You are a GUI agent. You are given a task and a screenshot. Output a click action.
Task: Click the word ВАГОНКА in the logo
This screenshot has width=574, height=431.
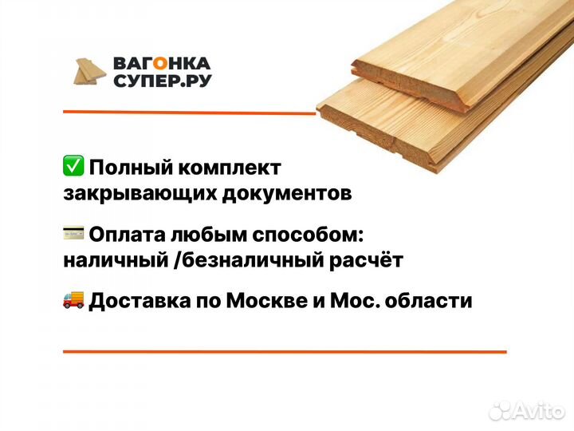(162, 63)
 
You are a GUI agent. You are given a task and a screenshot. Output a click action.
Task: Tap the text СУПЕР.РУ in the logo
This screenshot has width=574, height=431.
(162, 81)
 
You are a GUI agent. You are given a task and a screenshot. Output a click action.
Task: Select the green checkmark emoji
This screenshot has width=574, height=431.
(73, 167)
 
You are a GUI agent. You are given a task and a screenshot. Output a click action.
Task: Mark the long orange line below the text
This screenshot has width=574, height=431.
(284, 351)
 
